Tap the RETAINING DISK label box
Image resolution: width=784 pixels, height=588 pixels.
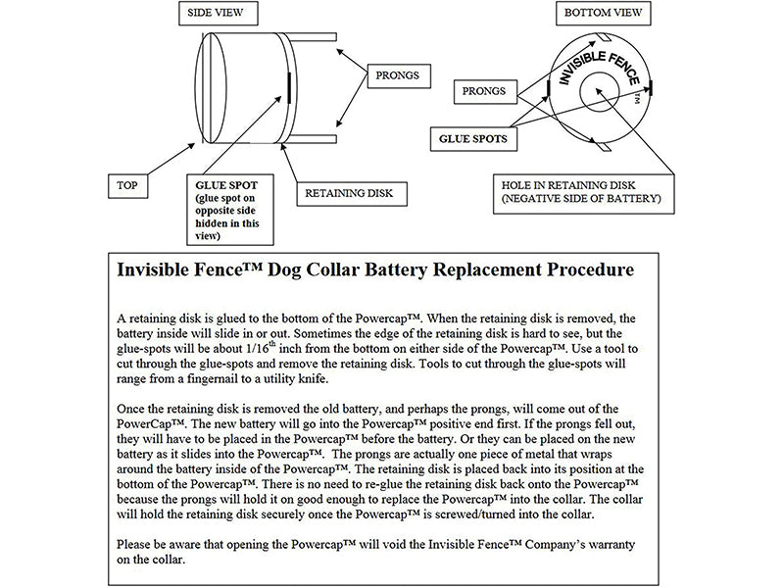(348, 193)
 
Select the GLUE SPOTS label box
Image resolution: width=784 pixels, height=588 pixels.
(473, 139)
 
